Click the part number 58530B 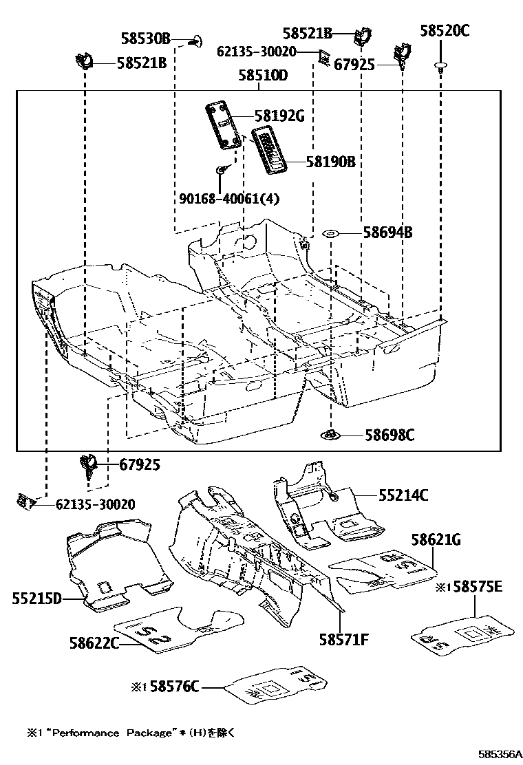(146, 39)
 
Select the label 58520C (445, 30)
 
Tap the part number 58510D (262, 76)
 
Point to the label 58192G (279, 116)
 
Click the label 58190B (330, 162)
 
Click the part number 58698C (389, 435)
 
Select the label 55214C (403, 495)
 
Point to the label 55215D (36, 599)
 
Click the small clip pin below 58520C (439, 66)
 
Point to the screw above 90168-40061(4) (220, 169)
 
